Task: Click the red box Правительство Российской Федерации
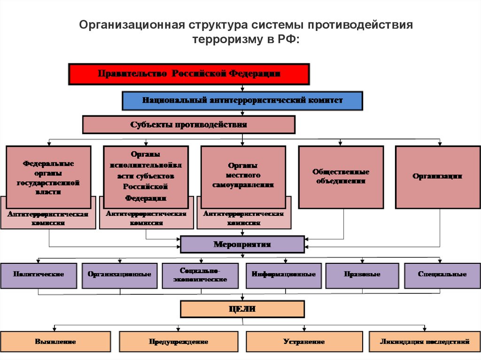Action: coord(189,74)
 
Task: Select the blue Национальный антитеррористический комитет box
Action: coord(242,100)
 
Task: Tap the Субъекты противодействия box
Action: coord(188,125)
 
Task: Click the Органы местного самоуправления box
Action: coord(243,176)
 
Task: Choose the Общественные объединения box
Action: coord(341,176)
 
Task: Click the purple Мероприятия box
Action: coord(242,245)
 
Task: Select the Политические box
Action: coord(39,275)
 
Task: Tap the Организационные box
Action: coord(119,275)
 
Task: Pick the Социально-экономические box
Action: coord(203,275)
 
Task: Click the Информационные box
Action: coord(283,275)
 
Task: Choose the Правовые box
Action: coord(362,275)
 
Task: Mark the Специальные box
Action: coord(442,275)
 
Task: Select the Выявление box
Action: coord(55,342)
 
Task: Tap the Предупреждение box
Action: coord(178,342)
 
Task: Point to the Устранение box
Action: coord(304,342)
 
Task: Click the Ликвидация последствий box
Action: coord(425,342)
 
